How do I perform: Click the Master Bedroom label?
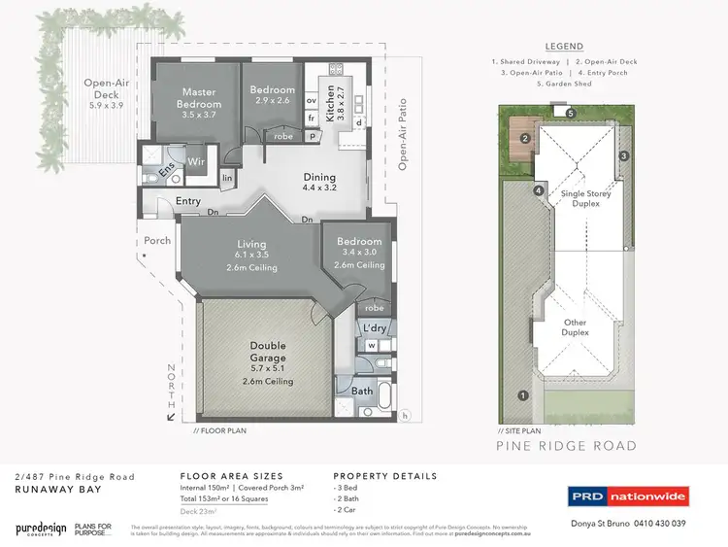pos(199,99)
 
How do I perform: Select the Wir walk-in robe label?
pos(195,161)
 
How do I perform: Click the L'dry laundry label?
pos(375,329)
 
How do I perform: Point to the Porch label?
pos(157,240)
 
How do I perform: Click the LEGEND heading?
pos(564,47)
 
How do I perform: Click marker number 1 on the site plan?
pos(523,395)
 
